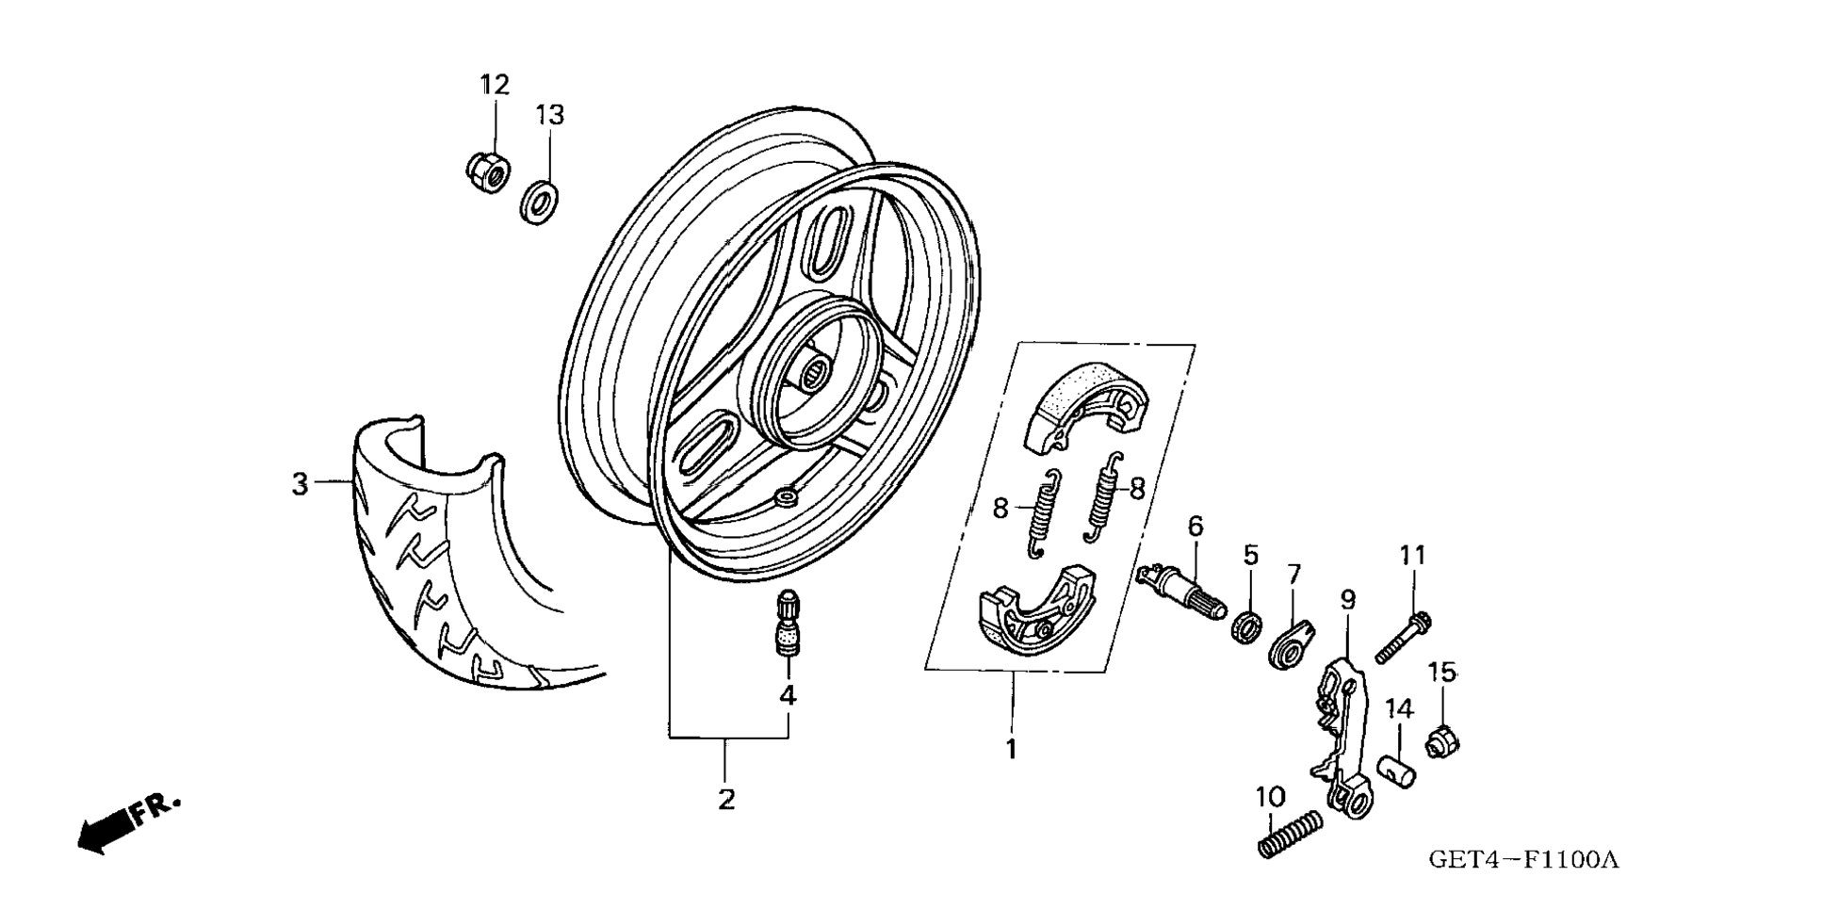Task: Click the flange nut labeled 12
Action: tap(488, 170)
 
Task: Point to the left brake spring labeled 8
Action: tap(1041, 513)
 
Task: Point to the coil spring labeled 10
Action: tap(1291, 834)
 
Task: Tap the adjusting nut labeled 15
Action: tap(1441, 741)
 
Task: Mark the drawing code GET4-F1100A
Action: tap(1522, 859)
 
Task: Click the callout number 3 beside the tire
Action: tap(300, 484)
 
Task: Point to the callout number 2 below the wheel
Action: tap(725, 799)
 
